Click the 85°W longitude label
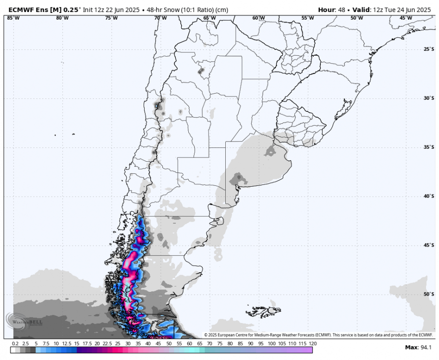coord(13,18)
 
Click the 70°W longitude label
coord(160,18)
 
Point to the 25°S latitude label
coord(429,49)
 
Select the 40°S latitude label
coord(429,196)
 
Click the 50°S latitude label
coord(429,294)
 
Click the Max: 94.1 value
coord(419,347)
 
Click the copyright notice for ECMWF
coord(319,335)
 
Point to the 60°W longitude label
coord(259,18)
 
